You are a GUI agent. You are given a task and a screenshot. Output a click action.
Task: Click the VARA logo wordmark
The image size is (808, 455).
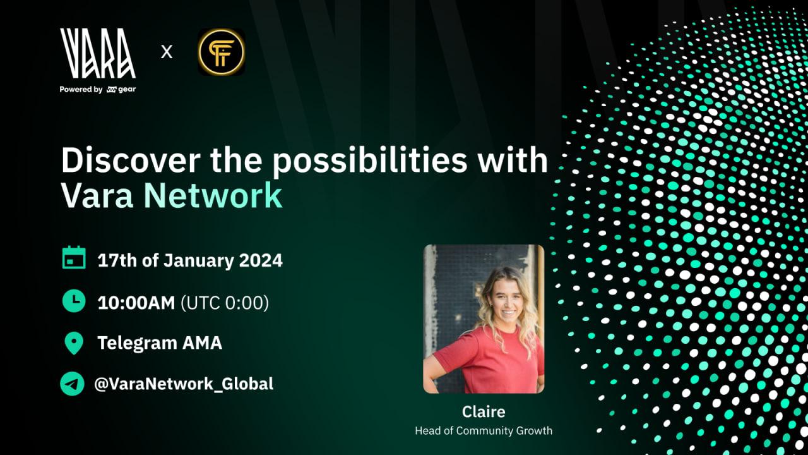[x=98, y=54]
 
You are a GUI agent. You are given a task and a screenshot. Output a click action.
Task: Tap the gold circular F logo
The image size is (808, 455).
[x=221, y=52]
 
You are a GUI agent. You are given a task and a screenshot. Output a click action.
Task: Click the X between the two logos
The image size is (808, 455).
[x=166, y=52]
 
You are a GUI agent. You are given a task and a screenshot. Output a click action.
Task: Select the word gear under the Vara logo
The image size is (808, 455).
[x=127, y=89]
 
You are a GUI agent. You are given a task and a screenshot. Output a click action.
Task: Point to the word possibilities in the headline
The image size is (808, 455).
[x=369, y=162]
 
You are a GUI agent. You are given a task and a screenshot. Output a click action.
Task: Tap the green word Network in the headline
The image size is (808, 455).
[x=213, y=195]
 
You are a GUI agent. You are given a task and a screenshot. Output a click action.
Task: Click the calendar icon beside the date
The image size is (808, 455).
[x=74, y=258]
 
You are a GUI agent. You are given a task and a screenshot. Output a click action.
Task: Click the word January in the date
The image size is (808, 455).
[x=199, y=261]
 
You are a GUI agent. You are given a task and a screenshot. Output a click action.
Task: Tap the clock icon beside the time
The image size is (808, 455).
[x=74, y=300]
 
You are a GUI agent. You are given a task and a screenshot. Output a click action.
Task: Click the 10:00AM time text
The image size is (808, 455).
[x=136, y=303]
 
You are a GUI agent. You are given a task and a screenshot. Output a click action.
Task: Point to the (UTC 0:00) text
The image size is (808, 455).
[x=225, y=303]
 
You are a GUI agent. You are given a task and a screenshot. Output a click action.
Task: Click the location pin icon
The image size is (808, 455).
[x=74, y=343]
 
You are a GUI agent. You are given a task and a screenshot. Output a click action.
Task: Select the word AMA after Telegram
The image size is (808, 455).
[x=202, y=343]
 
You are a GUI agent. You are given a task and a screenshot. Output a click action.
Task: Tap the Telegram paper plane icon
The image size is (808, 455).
[x=72, y=384]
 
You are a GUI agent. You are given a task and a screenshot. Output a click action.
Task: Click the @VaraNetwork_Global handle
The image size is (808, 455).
[x=184, y=384]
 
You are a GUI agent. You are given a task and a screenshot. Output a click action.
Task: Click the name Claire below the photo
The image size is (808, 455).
[x=484, y=411]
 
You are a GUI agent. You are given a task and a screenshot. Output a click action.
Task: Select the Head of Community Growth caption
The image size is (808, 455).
[x=484, y=431]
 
